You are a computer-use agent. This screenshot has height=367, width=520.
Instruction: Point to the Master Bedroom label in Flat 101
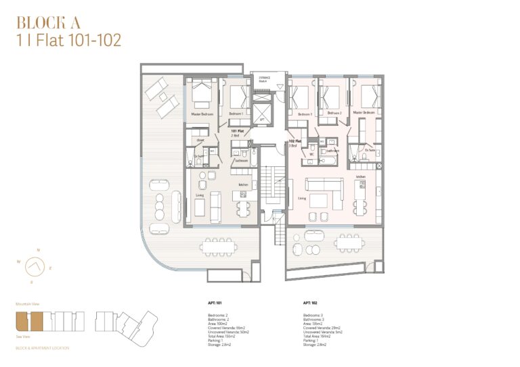click(x=202, y=114)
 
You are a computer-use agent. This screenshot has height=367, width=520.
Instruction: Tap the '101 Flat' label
click(x=238, y=131)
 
